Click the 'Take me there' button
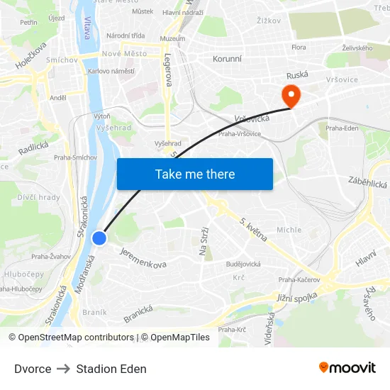pyautogui.click(x=195, y=174)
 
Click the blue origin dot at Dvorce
pyautogui.click(x=99, y=239)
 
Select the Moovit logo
pyautogui.click(x=347, y=367)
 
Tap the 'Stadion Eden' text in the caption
pyautogui.click(x=111, y=369)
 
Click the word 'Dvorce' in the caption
pyautogui.click(x=33, y=369)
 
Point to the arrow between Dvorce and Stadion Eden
pyautogui.click(x=64, y=369)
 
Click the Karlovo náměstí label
pyautogui.click(x=111, y=72)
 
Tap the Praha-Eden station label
pyautogui.click(x=342, y=128)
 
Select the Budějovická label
pyautogui.click(x=243, y=264)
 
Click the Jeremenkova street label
pyautogui.click(x=143, y=257)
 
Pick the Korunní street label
pyautogui.click(x=228, y=59)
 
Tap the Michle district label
pyautogui.click(x=289, y=230)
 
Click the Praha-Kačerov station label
pyautogui.click(x=299, y=279)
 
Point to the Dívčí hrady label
pyautogui.click(x=39, y=197)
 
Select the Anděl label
pyautogui.click(x=57, y=98)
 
